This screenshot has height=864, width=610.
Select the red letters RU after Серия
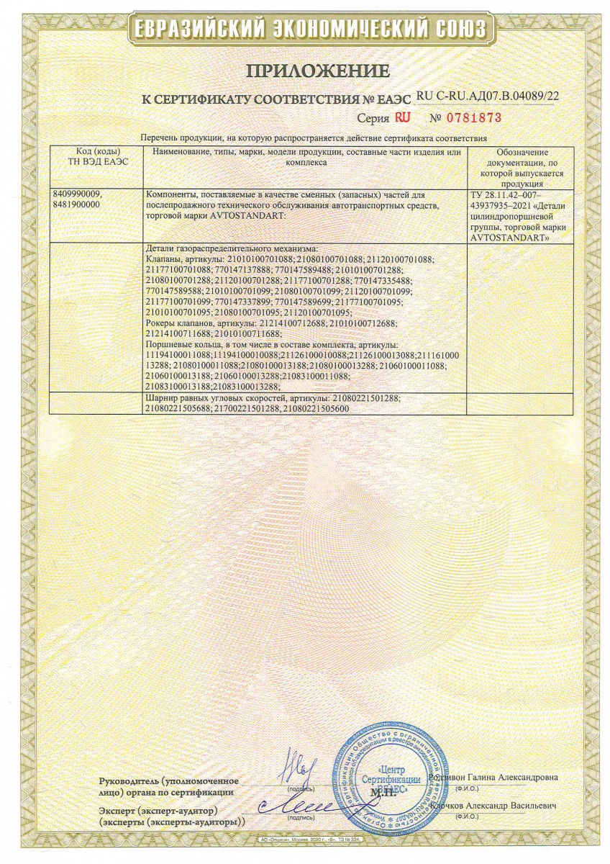403,117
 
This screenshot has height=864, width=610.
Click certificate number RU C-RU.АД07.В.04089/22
487,95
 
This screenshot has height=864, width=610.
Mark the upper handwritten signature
295,762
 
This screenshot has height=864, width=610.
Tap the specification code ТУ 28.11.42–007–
506,194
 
